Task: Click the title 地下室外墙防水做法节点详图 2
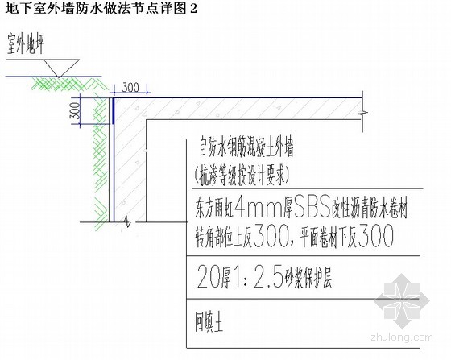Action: pos(101,8)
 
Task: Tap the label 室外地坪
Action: pos(26,43)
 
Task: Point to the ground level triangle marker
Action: pos(59,68)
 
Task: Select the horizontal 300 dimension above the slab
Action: pos(130,88)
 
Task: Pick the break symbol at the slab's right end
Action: pos(362,112)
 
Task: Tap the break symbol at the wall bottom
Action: pos(127,221)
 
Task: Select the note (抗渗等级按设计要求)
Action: pos(241,175)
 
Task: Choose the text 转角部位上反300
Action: pos(242,236)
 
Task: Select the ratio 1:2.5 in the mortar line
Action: pos(258,276)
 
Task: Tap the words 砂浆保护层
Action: pos(308,279)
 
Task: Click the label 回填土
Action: pos(209,322)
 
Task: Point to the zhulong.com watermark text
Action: pos(402,337)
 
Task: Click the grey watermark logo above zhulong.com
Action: pos(402,301)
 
